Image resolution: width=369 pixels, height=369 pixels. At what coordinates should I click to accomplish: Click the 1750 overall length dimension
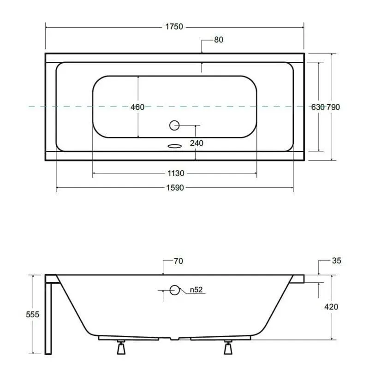[174, 27]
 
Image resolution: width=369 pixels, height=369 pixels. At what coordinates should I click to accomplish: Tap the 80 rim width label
[219, 40]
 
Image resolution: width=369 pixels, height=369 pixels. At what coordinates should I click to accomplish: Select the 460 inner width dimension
[137, 107]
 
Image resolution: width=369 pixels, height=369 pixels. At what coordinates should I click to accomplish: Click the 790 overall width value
[333, 107]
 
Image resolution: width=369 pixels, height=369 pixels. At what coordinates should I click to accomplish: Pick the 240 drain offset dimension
[196, 143]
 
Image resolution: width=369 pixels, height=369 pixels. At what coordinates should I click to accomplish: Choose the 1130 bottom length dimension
[175, 173]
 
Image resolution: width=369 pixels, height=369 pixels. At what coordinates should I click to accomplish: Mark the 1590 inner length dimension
[175, 188]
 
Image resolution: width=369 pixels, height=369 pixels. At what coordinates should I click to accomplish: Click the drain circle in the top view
[174, 125]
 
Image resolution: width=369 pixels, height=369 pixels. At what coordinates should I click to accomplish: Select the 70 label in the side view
[178, 262]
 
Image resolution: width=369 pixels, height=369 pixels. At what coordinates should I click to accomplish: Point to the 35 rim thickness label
[336, 261]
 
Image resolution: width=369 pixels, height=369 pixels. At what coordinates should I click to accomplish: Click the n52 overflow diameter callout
[196, 290]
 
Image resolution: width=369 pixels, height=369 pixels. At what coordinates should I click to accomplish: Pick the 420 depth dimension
[332, 307]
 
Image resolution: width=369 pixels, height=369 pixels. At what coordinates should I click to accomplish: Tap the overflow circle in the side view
[174, 290]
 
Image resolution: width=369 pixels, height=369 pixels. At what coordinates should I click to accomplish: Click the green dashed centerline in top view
[69, 107]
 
